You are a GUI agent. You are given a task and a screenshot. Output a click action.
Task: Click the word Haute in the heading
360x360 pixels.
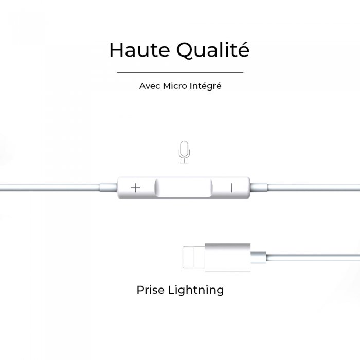139,50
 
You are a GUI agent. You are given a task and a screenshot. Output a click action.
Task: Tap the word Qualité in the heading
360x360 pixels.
212,50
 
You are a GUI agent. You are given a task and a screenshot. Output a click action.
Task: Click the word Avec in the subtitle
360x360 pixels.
150,86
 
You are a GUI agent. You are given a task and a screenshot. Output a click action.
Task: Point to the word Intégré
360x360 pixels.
206,86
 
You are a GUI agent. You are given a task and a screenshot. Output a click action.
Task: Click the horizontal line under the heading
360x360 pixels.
180,72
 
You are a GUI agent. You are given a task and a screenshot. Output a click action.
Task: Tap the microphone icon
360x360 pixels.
184,152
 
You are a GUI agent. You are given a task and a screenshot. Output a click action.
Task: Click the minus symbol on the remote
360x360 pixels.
231,188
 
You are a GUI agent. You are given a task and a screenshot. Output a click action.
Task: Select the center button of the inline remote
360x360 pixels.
184,188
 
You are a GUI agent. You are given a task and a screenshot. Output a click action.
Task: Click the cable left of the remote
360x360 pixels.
50,188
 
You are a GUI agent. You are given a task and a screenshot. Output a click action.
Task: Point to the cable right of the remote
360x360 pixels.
314,187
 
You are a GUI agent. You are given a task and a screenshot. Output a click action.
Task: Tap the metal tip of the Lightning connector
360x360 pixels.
194,257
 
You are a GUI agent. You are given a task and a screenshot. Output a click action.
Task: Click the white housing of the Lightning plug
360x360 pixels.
228,257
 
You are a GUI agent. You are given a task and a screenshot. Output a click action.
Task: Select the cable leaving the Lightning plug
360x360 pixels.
313,257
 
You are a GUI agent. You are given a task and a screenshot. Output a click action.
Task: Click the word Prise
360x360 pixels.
151,290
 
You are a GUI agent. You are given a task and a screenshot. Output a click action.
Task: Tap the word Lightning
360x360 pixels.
196,291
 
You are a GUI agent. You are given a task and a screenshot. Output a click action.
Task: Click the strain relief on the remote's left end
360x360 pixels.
109,188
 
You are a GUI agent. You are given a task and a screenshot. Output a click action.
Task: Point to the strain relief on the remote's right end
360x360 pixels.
259,187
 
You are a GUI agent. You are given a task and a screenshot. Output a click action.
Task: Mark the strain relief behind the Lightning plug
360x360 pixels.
259,257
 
